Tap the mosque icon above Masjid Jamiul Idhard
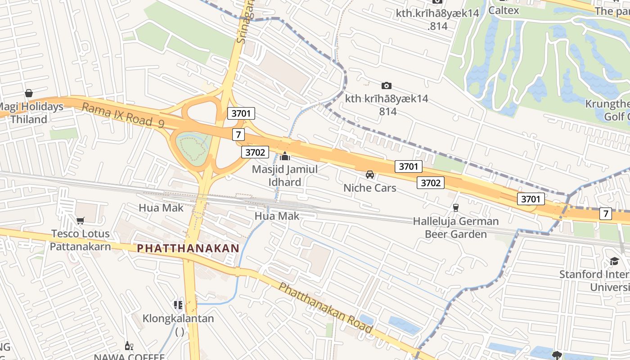[x=285, y=157]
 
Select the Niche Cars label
[x=369, y=188]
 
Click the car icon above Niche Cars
[x=370, y=174]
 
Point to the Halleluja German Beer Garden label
[x=456, y=228]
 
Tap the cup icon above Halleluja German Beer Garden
[x=455, y=207]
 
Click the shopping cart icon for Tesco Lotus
[x=80, y=220]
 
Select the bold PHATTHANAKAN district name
[x=188, y=248]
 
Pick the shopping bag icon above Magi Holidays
[x=29, y=93]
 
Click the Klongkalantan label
[x=178, y=319]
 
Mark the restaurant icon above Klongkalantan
[x=178, y=305]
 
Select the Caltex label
[x=504, y=10]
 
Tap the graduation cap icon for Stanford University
[x=614, y=261]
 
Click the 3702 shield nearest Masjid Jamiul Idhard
[x=255, y=152]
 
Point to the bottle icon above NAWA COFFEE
[x=129, y=346]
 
